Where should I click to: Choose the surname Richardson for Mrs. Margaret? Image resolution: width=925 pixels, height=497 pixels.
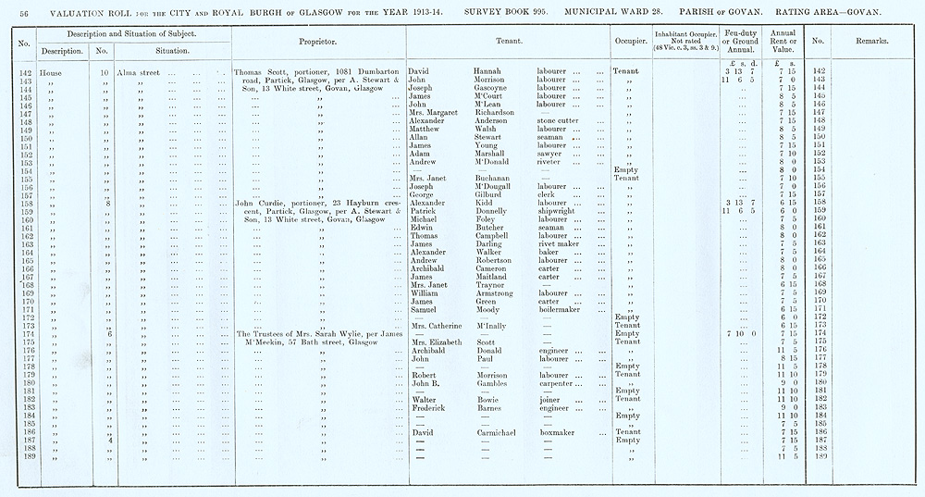coord(500,112)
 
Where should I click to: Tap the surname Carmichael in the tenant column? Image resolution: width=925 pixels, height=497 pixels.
coord(502,432)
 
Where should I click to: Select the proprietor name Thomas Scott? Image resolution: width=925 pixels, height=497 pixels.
coord(258,71)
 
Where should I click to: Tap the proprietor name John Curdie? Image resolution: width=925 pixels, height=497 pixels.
coord(258,202)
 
